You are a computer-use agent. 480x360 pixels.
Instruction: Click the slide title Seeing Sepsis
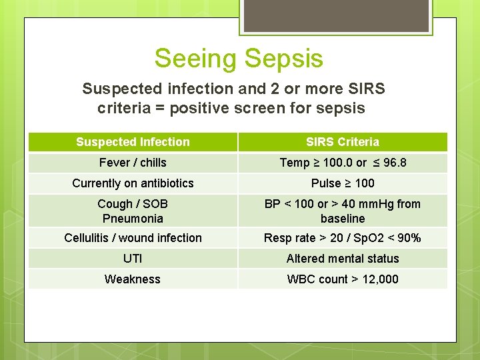(239, 58)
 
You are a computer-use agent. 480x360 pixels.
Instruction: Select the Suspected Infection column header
(133, 142)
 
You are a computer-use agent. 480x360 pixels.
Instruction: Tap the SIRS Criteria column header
(343, 142)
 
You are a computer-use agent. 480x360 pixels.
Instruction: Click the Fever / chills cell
(133, 163)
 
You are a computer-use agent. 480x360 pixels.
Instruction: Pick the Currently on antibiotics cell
(133, 183)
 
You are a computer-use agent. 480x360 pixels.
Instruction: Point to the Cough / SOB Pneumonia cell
(133, 211)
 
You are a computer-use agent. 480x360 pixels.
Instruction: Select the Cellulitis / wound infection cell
(133, 238)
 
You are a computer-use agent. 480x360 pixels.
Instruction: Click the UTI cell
(133, 259)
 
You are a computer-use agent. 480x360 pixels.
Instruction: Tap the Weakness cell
(133, 279)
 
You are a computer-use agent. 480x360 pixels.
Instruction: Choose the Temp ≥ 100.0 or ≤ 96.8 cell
(343, 163)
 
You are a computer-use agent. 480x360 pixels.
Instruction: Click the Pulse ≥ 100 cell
(343, 183)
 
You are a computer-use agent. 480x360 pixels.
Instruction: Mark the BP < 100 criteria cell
(343, 211)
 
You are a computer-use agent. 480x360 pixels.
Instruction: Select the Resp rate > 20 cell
(343, 238)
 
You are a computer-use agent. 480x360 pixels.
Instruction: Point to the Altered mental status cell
(343, 259)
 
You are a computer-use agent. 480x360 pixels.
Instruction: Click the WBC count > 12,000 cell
(343, 279)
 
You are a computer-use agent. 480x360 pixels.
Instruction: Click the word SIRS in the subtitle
(365, 89)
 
